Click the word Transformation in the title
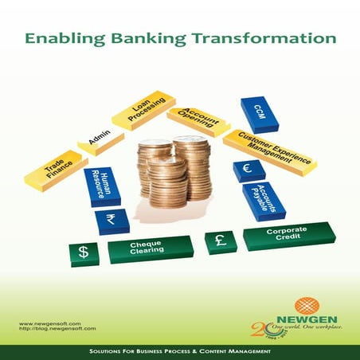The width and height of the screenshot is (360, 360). [264, 37]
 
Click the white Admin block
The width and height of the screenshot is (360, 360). [100, 143]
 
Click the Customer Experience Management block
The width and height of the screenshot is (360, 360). [270, 150]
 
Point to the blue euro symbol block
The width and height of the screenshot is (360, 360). [248, 170]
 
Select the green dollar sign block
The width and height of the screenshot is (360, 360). [84, 254]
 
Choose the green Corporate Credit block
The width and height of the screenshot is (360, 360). [288, 235]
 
